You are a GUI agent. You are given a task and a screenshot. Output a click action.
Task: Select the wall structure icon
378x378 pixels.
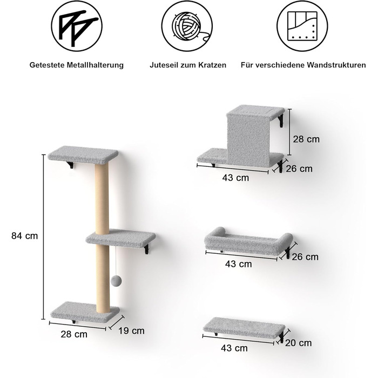click(x=302, y=26)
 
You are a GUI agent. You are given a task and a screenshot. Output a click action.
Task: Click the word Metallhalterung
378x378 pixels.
click(x=95, y=65)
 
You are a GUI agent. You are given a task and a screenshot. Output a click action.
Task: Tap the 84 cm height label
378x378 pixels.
click(x=25, y=236)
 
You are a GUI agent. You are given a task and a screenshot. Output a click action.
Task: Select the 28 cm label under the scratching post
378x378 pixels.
click(x=74, y=334)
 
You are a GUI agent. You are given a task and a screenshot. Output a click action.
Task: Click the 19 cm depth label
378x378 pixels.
click(x=131, y=330)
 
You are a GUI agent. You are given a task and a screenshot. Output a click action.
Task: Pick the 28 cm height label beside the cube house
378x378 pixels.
click(x=306, y=139)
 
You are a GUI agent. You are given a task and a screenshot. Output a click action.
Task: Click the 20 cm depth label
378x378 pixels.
click(x=298, y=343)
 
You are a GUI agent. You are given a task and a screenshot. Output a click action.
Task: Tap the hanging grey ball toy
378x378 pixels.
click(x=116, y=281)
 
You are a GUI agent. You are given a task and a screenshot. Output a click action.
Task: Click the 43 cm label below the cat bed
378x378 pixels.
click(x=239, y=264)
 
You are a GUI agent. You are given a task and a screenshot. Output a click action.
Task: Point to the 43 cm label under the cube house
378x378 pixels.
click(x=235, y=178)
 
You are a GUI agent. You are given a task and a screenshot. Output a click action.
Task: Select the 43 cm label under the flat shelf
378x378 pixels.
click(x=234, y=348)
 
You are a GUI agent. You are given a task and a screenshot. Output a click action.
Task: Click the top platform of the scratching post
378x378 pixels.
click(x=83, y=154)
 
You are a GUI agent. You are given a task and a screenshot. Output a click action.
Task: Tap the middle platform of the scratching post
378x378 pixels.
click(x=121, y=239)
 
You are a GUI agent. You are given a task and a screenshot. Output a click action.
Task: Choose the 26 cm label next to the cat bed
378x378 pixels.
click(x=305, y=256)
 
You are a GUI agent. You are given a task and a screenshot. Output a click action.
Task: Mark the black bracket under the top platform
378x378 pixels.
click(x=70, y=165)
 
